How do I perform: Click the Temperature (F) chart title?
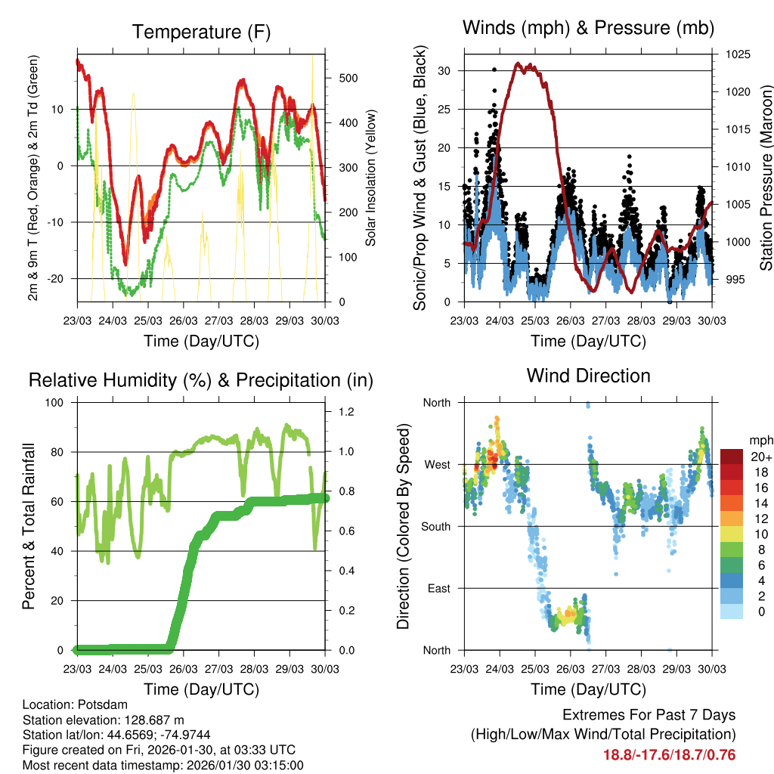201,32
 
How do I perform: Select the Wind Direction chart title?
588,376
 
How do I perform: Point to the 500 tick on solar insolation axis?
349,79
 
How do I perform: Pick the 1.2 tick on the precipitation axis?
346,412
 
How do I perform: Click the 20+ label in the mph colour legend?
760,457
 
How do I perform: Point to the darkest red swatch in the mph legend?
731,457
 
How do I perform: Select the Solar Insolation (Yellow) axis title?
371,178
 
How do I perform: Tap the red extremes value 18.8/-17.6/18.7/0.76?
669,754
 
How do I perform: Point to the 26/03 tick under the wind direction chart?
570,669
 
